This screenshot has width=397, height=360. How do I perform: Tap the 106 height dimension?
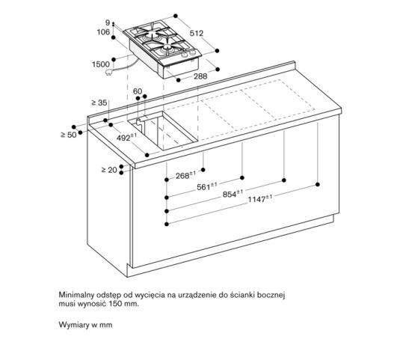click(x=103, y=31)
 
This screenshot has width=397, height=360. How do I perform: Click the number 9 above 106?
click(x=108, y=22)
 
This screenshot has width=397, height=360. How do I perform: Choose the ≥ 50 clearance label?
click(x=68, y=135)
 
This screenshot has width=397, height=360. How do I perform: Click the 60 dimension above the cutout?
click(x=138, y=91)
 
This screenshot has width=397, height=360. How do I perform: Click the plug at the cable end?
click(x=113, y=73)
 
